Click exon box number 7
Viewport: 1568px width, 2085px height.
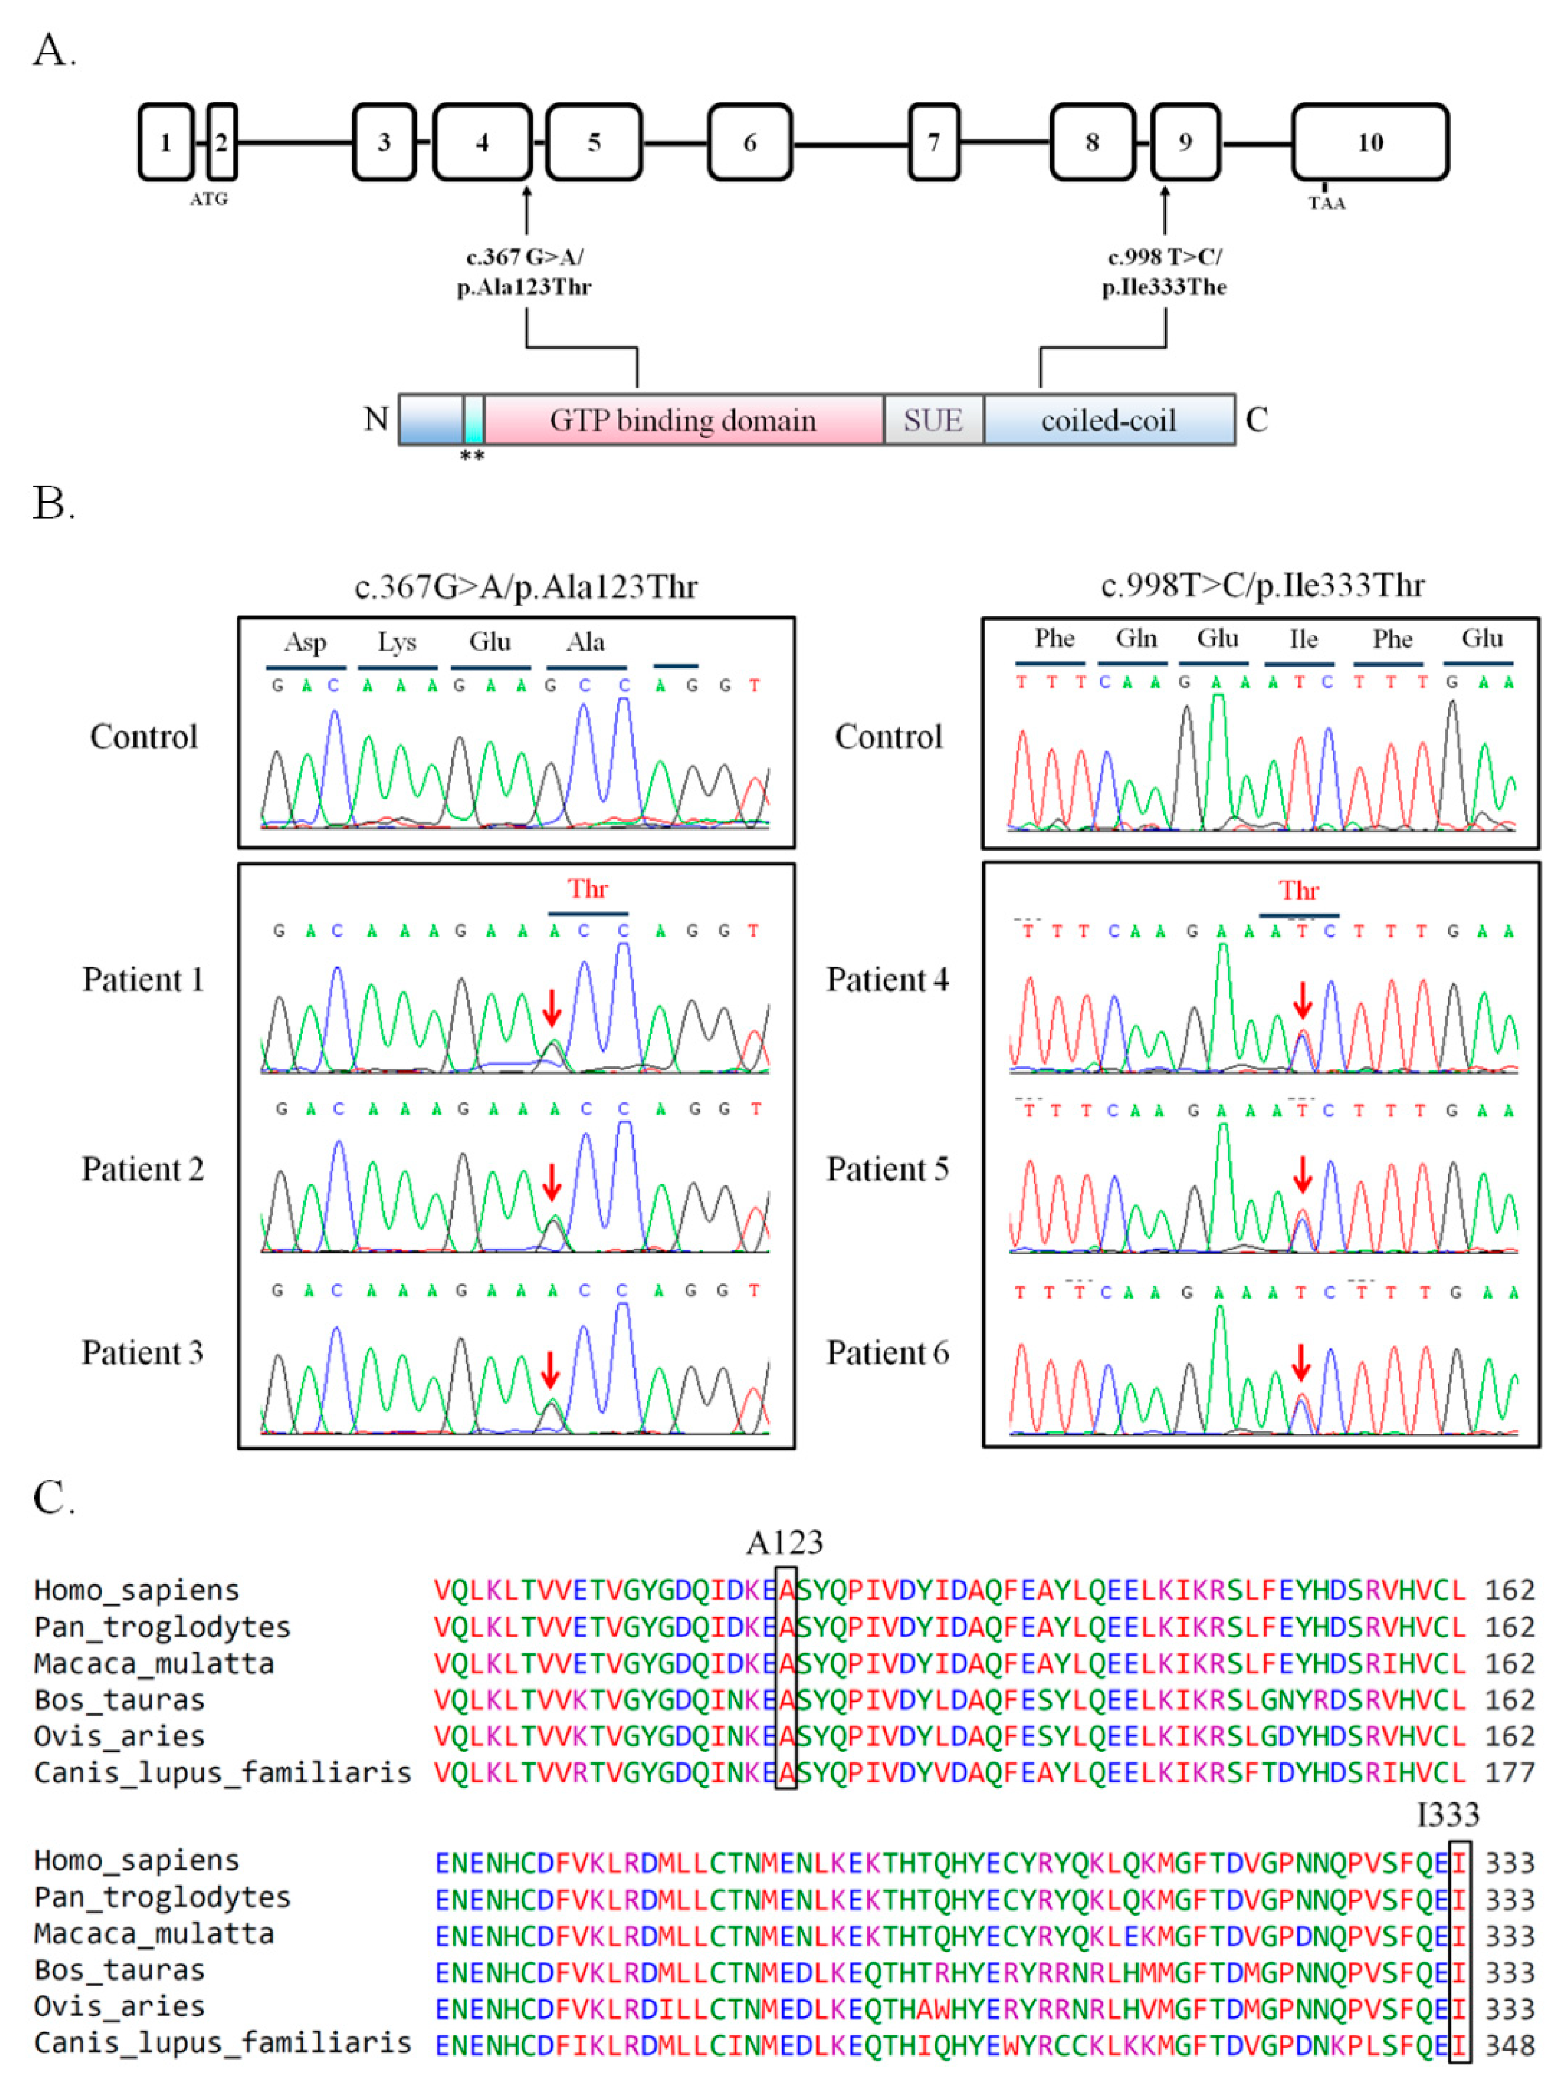934,142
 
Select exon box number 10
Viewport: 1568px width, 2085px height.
1369,142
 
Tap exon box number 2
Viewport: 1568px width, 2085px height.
222,142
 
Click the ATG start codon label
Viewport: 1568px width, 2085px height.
208,199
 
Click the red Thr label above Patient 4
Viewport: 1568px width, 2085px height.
1298,891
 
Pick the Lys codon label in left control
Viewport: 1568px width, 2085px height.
397,642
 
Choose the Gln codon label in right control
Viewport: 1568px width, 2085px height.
1136,639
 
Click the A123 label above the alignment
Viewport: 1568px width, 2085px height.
784,1543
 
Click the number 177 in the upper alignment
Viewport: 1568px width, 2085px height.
1509,1772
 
